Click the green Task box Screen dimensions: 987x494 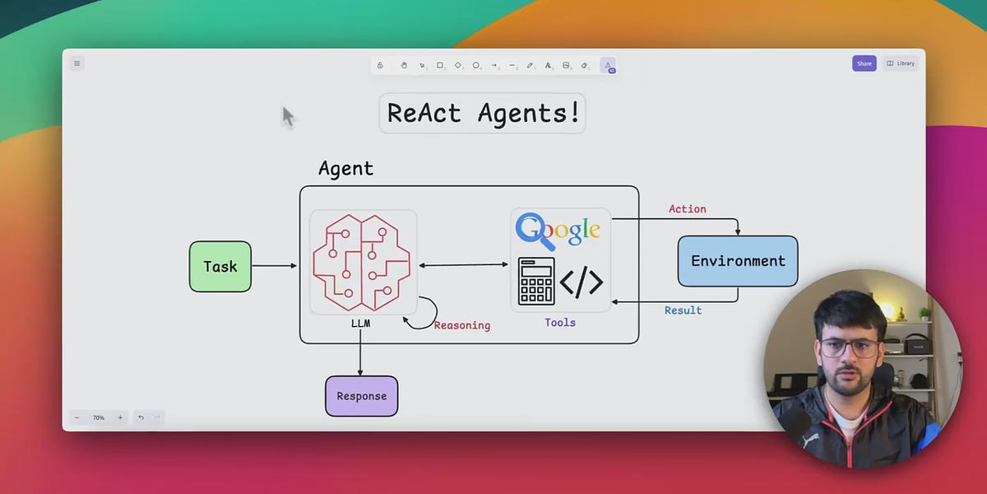[220, 267]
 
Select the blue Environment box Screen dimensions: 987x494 [738, 261]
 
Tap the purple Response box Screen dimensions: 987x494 [362, 396]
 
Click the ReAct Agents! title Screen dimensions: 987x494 [483, 113]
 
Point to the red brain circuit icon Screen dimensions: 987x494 [362, 263]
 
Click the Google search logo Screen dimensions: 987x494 [558, 231]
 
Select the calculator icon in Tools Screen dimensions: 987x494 [536, 282]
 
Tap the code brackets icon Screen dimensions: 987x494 [582, 282]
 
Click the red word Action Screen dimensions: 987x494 [688, 209]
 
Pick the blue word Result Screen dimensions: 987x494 [683, 310]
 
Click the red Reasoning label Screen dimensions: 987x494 [462, 325]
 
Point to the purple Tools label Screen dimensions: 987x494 [560, 323]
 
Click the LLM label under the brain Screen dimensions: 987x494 [360, 324]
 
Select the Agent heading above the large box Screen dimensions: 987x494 [346, 169]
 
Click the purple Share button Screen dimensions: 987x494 [864, 63]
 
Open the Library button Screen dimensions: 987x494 [901, 63]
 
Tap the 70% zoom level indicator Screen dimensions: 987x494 [98, 417]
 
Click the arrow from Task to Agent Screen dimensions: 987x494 [275, 265]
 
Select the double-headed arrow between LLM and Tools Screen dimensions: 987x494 [464, 265]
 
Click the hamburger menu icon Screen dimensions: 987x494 [77, 63]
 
